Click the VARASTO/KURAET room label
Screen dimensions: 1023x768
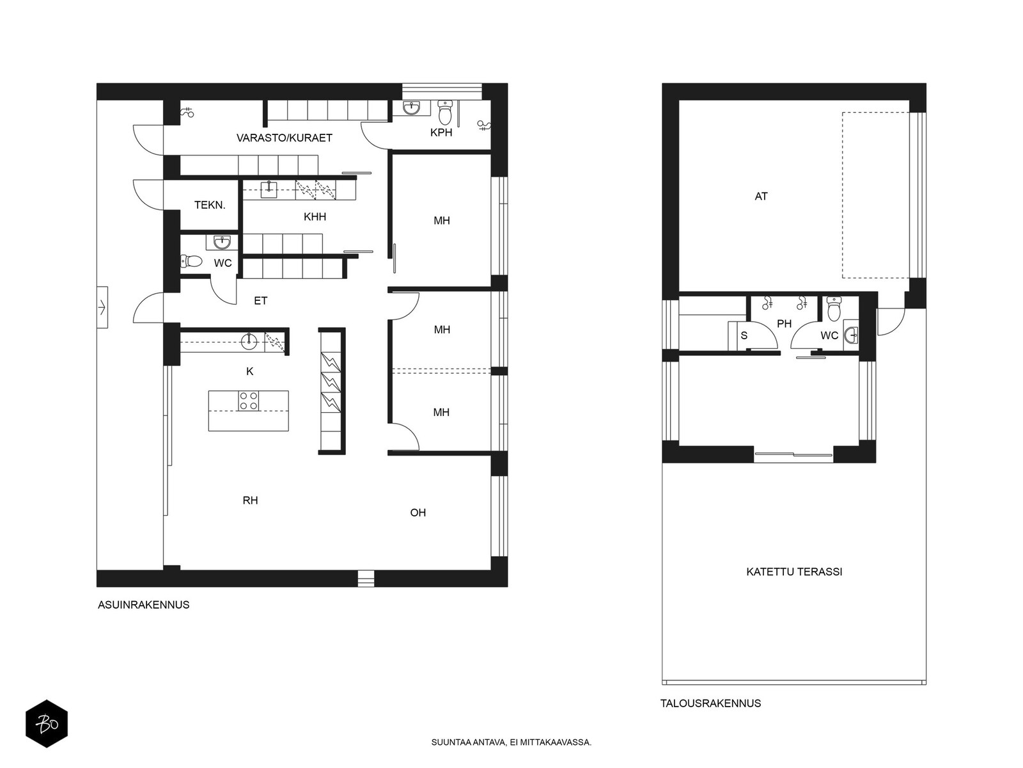point(284,138)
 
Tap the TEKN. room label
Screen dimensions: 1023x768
point(210,205)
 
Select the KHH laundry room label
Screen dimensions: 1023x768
point(315,217)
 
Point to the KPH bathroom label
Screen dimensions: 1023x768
point(441,132)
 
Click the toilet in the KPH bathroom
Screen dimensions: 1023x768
point(446,112)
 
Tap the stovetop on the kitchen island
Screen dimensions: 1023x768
point(249,401)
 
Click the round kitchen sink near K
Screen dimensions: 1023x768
point(249,341)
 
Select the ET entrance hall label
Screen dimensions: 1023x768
point(260,301)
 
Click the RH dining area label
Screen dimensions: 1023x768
point(250,500)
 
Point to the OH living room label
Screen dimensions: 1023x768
point(418,513)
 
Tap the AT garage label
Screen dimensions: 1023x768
point(761,196)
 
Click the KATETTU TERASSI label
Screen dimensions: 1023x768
point(793,572)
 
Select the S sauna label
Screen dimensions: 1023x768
point(744,335)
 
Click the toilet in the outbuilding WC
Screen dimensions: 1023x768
point(834,308)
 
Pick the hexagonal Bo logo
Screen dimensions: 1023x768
point(47,724)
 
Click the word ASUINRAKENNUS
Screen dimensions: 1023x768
point(144,605)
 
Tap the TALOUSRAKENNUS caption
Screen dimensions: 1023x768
point(710,703)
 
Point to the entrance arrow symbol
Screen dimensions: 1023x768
point(102,307)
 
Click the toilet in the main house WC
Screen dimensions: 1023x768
point(191,260)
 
